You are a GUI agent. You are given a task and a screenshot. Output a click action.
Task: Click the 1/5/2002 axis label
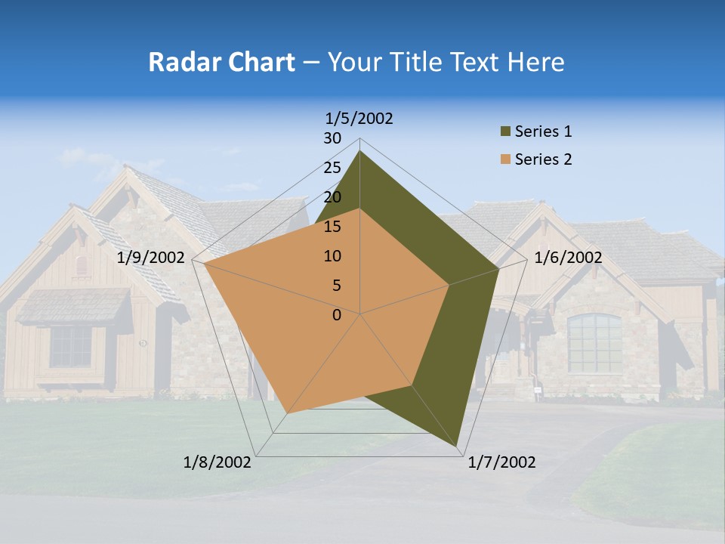359,119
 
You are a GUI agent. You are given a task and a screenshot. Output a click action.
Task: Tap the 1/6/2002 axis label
568,258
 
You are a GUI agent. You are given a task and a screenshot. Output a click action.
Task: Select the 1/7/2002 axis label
501,462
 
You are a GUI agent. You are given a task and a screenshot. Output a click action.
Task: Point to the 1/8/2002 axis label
217,462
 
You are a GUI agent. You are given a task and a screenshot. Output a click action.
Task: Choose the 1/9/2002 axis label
151,258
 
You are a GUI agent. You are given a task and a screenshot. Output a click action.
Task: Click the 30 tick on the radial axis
332,138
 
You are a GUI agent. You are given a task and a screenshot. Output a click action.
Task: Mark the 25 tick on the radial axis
332,168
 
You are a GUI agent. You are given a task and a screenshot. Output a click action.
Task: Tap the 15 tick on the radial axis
332,227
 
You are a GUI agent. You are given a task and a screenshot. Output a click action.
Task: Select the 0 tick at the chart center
337,315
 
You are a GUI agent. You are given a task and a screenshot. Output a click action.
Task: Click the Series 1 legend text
543,131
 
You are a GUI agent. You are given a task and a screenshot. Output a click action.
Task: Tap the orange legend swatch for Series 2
504,159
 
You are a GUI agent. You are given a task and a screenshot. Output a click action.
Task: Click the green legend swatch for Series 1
504,132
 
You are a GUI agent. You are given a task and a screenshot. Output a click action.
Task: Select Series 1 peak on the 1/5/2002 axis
359,151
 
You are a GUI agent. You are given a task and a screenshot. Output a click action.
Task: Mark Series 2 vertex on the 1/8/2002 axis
288,413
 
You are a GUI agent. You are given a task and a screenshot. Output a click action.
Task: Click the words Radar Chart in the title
221,62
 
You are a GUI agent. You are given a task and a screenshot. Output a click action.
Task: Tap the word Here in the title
535,62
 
